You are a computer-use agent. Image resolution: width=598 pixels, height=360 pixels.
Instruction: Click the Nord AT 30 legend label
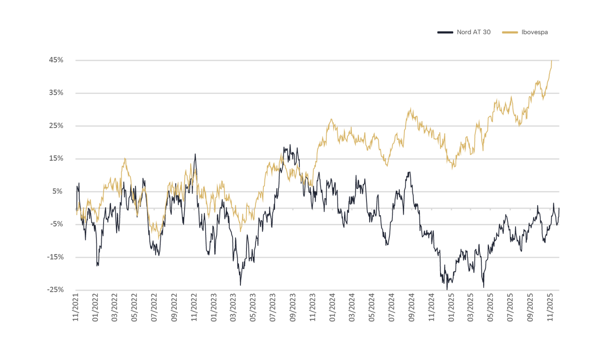click(473, 32)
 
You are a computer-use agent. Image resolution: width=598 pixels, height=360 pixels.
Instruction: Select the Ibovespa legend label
click(534, 32)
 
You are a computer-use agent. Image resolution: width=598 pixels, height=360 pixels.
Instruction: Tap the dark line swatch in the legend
click(445, 32)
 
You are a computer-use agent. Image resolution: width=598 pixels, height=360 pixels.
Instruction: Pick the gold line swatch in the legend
click(510, 32)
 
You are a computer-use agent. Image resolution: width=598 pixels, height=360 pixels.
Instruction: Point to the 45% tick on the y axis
click(56, 60)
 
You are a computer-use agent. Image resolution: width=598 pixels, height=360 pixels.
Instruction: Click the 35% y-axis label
click(56, 93)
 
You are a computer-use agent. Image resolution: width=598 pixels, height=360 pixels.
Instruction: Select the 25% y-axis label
click(56, 126)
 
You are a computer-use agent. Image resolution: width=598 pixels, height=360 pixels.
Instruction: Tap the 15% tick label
click(56, 158)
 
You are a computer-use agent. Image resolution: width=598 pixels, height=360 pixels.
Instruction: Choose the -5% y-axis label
click(56, 224)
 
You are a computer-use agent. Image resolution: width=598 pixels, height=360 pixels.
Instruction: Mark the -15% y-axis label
click(55, 257)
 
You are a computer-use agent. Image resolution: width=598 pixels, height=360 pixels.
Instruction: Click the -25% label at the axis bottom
click(55, 290)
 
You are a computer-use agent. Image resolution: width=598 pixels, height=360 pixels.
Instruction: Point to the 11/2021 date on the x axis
click(76, 307)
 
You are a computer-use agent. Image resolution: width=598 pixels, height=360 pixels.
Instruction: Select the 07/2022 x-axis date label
click(155, 307)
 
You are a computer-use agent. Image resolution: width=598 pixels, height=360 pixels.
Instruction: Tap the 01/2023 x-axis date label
click(214, 307)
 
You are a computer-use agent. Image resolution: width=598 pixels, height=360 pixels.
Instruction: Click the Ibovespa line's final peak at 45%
click(552, 61)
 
